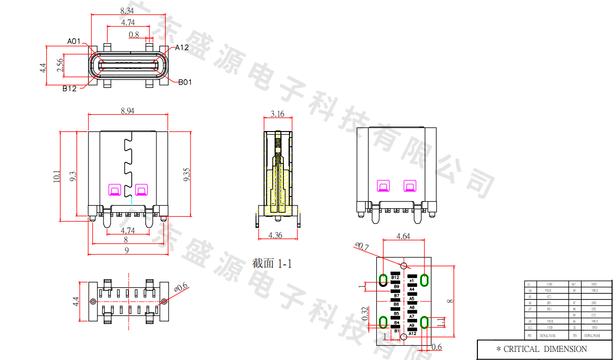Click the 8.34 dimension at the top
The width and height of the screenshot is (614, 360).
pyautogui.click(x=127, y=10)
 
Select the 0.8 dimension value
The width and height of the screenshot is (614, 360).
pyautogui.click(x=134, y=35)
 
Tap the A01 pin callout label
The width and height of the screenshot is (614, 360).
pyautogui.click(x=74, y=41)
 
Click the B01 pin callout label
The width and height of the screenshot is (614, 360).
pyautogui.click(x=185, y=82)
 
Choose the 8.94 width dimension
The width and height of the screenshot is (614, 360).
pyautogui.click(x=127, y=111)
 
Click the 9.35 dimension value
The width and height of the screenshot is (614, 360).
pyautogui.click(x=186, y=175)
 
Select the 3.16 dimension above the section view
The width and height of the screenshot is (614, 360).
pyautogui.click(x=277, y=114)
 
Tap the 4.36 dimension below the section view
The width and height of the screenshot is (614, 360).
pyautogui.click(x=276, y=235)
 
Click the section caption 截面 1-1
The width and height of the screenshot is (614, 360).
pyautogui.click(x=272, y=263)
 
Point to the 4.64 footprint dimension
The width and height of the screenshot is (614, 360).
pyautogui.click(x=403, y=236)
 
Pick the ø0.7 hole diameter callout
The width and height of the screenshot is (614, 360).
pyautogui.click(x=362, y=247)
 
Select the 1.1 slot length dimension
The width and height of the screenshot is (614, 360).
pyautogui.click(x=441, y=321)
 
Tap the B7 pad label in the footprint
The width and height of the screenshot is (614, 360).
pyautogui.click(x=396, y=295)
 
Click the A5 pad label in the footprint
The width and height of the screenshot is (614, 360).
pyautogui.click(x=412, y=299)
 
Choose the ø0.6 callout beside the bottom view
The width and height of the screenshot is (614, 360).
pyautogui.click(x=181, y=288)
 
